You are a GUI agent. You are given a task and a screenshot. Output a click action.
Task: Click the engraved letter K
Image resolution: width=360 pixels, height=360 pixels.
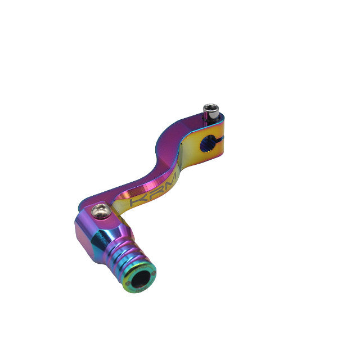[x=136, y=201]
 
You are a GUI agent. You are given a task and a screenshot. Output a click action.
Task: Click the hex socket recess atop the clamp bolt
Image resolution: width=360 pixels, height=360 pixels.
[x=211, y=109]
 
